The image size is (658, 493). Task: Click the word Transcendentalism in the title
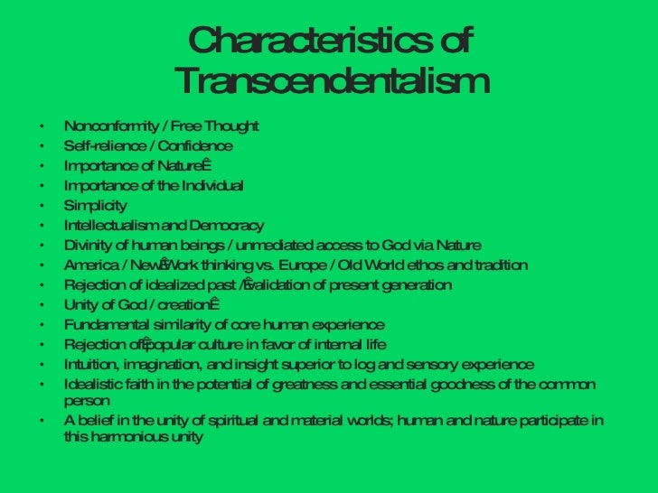pyautogui.click(x=331, y=82)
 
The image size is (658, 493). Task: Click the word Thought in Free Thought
pyautogui.click(x=230, y=126)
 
